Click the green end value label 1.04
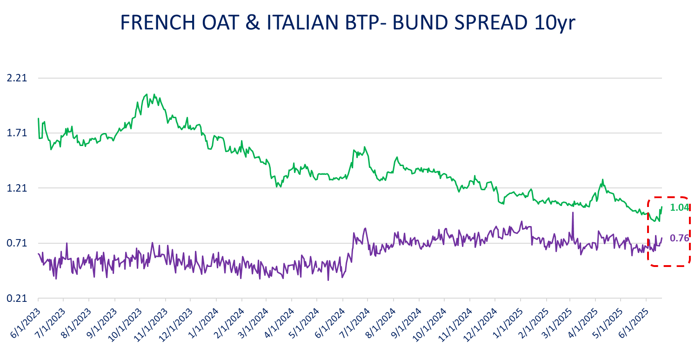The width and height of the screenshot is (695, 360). point(679,207)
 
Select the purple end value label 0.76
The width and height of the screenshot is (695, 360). point(679,238)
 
